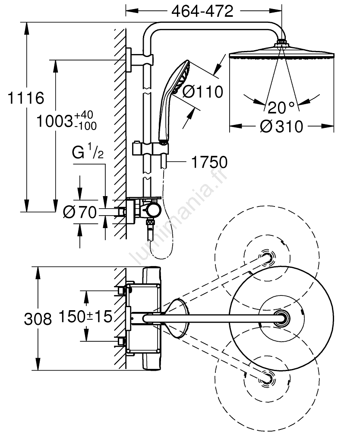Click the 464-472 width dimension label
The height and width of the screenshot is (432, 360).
pos(202,12)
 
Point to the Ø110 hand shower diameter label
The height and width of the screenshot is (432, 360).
pos(202,92)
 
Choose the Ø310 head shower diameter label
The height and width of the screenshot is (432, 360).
pos(281,127)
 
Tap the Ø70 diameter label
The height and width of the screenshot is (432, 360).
pos(79,212)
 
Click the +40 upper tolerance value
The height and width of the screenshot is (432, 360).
pos(84,115)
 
